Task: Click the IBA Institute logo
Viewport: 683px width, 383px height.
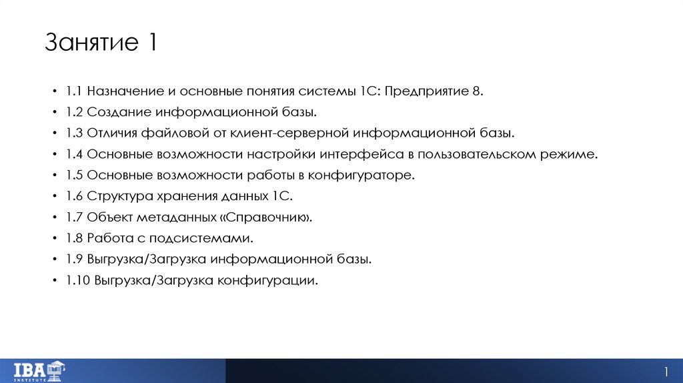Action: pos(39,370)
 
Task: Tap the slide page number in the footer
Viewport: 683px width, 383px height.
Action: pos(666,371)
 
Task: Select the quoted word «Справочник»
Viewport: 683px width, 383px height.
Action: pos(267,218)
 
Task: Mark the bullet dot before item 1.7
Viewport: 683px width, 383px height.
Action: pos(53,218)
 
